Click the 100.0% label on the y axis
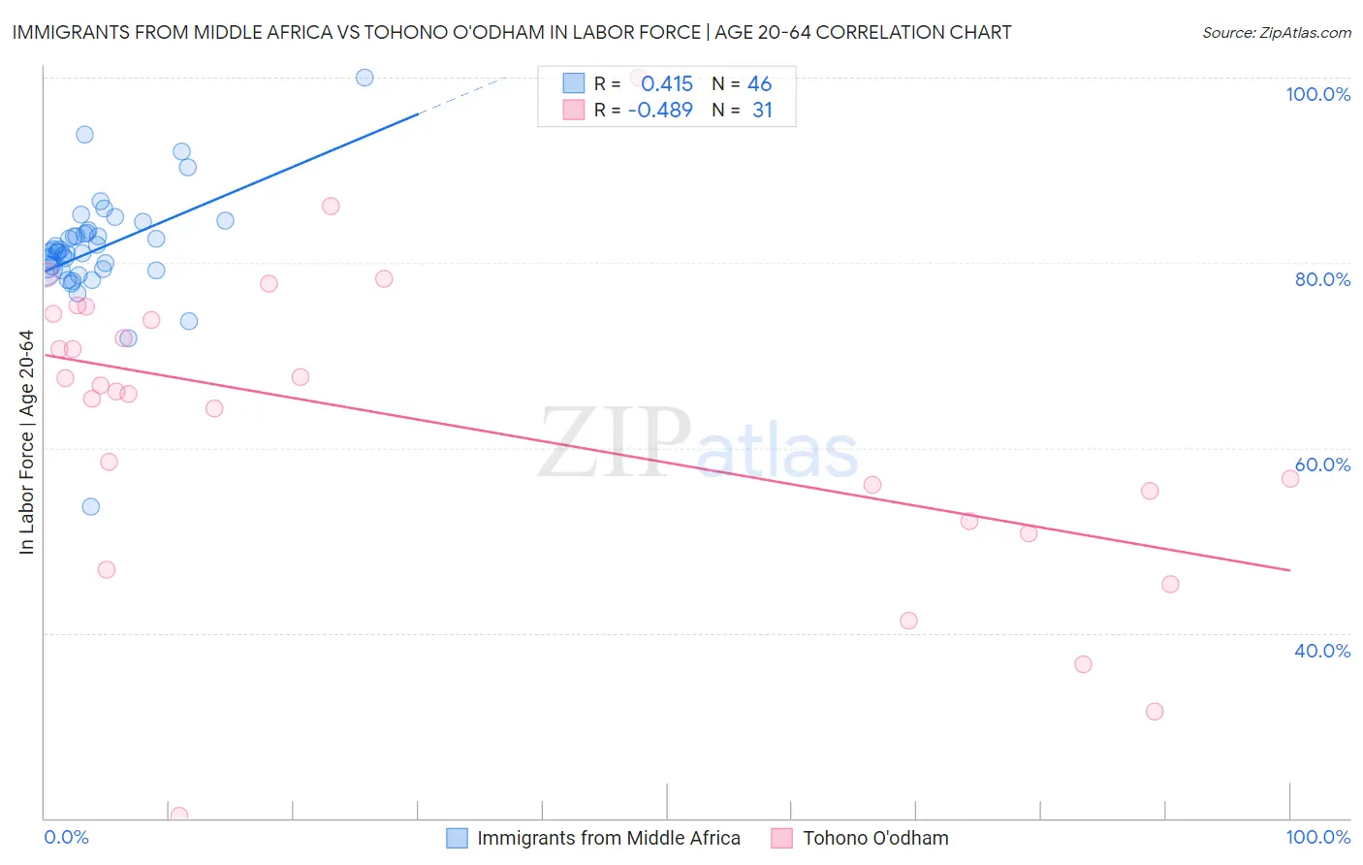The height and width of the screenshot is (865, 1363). coord(1317,94)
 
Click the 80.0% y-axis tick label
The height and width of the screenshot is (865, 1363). coord(1322,279)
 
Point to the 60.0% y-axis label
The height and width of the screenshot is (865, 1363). coord(1322,465)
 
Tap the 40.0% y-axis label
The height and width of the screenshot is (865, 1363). coord(1322,651)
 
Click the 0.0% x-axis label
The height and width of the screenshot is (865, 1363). coord(66,837)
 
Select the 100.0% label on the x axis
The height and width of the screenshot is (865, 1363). coord(1317,837)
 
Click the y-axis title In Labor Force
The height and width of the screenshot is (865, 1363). coord(26,442)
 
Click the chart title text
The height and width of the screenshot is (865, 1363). coord(511,32)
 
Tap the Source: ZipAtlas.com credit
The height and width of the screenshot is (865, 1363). coord(1276,33)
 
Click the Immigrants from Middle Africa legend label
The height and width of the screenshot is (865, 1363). coord(608,838)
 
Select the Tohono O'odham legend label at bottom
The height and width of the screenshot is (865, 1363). coord(875,838)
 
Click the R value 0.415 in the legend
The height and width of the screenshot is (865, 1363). coord(667,84)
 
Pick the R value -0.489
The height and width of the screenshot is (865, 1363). coord(660,111)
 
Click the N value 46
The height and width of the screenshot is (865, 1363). coord(759,84)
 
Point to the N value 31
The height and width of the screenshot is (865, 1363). coord(762,111)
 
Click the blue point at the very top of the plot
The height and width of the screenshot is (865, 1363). coord(365,78)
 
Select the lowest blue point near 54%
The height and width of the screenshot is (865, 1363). coord(91,506)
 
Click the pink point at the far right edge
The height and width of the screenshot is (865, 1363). coord(1290,479)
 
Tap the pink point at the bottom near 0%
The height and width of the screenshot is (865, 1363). coord(179,816)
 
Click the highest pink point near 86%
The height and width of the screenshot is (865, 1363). coord(331,206)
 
